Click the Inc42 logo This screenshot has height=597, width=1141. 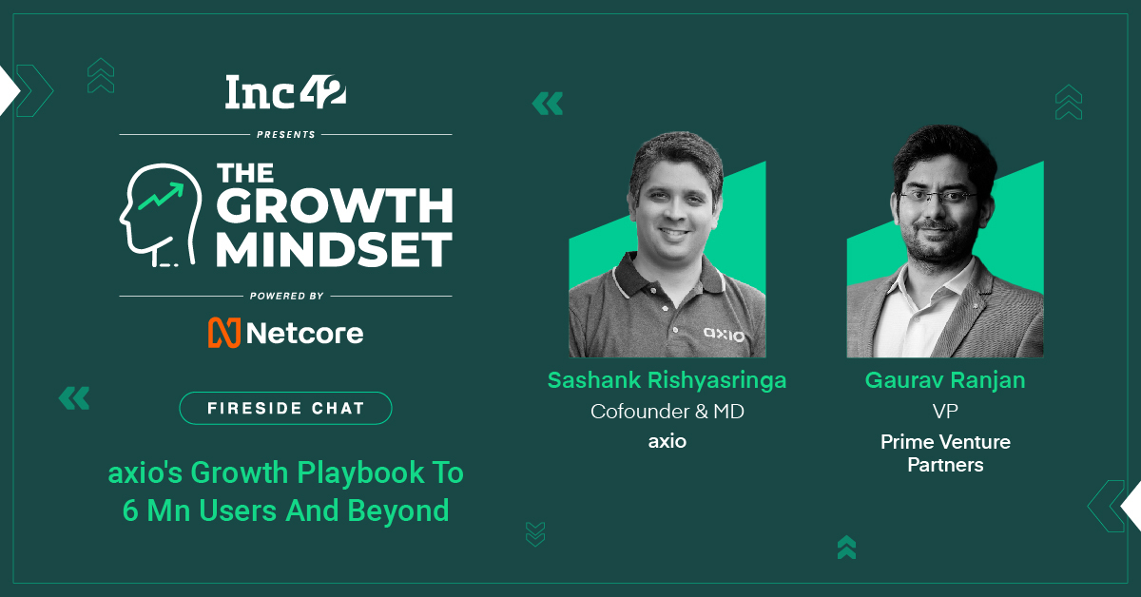pyautogui.click(x=285, y=92)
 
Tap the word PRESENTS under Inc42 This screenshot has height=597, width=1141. pyautogui.click(x=285, y=135)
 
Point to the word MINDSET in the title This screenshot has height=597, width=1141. pyautogui.click(x=333, y=250)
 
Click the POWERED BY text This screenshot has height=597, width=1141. pyautogui.click(x=285, y=296)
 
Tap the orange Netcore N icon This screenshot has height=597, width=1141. pyautogui.click(x=222, y=333)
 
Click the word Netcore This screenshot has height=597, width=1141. pyautogui.click(x=304, y=333)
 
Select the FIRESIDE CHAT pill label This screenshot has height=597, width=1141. pyautogui.click(x=285, y=408)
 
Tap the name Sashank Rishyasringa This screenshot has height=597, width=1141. pyautogui.click(x=667, y=381)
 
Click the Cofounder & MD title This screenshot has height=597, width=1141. pyautogui.click(x=667, y=412)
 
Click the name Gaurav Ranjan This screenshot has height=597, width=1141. pyautogui.click(x=944, y=381)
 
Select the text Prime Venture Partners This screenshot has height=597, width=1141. pyautogui.click(x=944, y=453)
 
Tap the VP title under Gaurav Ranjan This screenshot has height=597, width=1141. pyautogui.click(x=944, y=412)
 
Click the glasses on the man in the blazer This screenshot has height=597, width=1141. pyautogui.click(x=939, y=196)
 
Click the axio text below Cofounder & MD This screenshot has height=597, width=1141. pyautogui.click(x=667, y=442)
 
